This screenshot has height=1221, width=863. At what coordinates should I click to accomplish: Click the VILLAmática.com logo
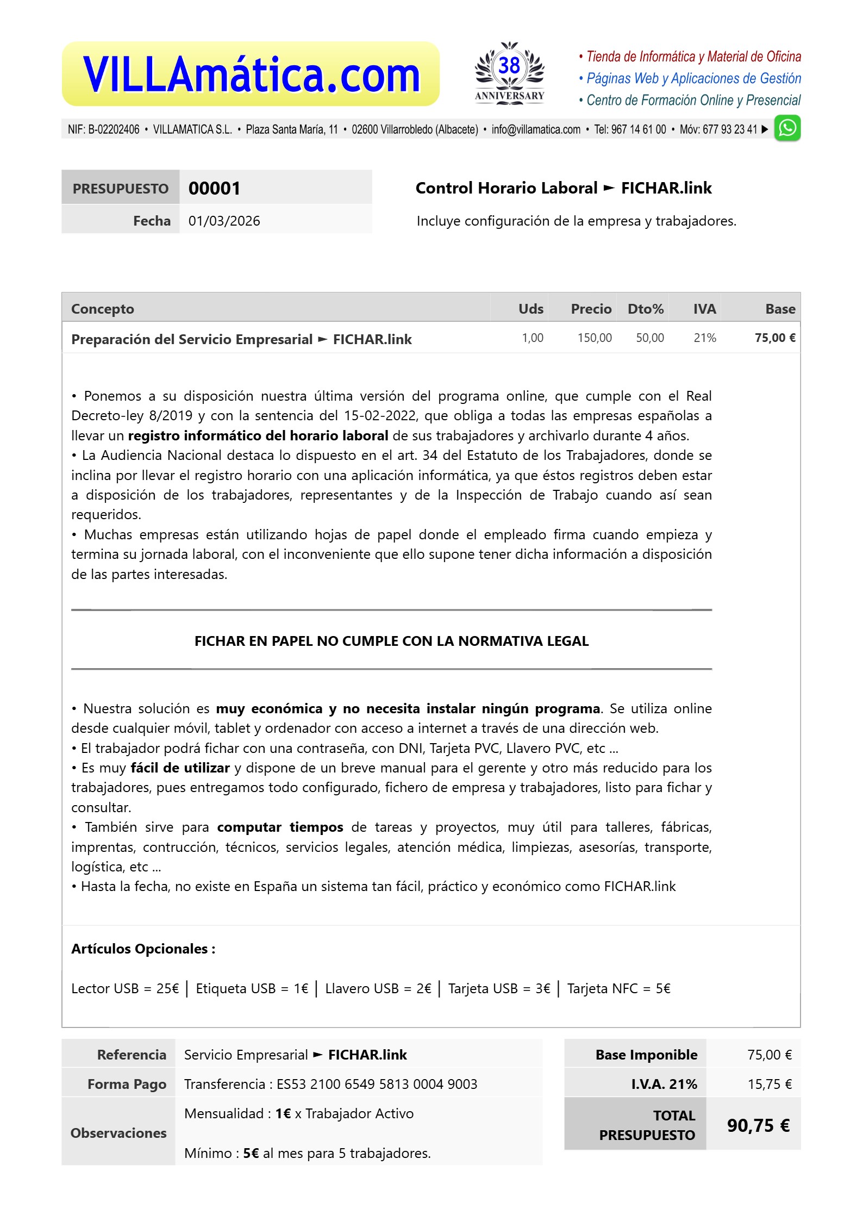click(x=251, y=74)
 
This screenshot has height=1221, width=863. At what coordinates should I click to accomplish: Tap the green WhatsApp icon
click(x=787, y=128)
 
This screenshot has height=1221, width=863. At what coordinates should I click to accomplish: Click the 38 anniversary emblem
click(x=509, y=72)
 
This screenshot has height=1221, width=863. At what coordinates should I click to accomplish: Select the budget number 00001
click(x=214, y=188)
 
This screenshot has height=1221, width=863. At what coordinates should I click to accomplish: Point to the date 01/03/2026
click(x=224, y=221)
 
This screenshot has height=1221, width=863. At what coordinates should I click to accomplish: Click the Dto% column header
click(x=645, y=309)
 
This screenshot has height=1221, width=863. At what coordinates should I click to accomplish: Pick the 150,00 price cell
click(x=594, y=338)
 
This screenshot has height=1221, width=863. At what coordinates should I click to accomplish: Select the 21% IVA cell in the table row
click(x=704, y=338)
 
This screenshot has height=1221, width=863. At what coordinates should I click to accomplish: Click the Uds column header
click(x=530, y=309)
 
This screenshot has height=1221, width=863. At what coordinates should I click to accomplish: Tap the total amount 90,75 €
click(x=758, y=1125)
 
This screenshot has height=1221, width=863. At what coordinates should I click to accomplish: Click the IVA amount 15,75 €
click(x=769, y=1084)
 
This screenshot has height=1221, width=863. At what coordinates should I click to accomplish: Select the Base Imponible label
click(x=646, y=1055)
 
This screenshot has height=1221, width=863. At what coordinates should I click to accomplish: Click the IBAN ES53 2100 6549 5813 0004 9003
click(x=377, y=1084)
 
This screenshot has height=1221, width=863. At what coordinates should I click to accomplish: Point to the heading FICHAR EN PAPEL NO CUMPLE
click(x=391, y=641)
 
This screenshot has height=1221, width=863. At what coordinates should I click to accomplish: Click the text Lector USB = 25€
click(x=125, y=988)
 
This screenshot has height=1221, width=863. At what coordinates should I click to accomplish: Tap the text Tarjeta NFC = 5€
click(x=618, y=988)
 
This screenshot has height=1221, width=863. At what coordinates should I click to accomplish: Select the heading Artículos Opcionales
click(x=143, y=949)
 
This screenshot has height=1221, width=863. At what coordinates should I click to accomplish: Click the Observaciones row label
click(x=118, y=1133)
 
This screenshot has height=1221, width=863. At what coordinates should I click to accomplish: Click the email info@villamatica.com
click(x=536, y=129)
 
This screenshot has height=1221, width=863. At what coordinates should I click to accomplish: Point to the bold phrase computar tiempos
click(x=280, y=827)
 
